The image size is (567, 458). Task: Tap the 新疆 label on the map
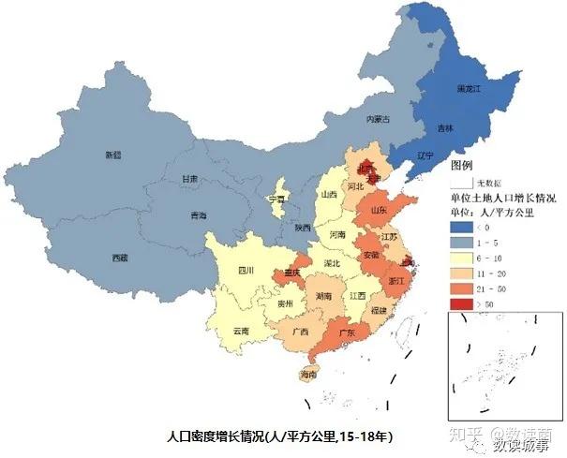[113, 155]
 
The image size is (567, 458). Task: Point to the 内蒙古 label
[377, 119]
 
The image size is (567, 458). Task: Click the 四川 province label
[246, 270]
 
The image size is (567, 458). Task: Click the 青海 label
[198, 215]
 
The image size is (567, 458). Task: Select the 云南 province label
[241, 331]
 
